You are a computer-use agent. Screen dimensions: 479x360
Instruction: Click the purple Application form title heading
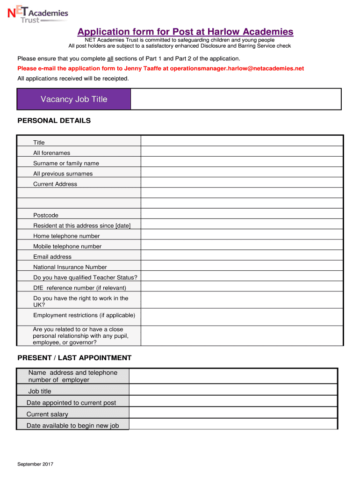tap(185, 32)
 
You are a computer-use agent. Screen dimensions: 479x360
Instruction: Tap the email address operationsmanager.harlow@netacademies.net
tap(237, 68)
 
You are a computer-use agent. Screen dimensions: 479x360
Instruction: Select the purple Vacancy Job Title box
tap(74, 99)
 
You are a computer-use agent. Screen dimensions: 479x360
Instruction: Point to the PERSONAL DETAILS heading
tap(54, 121)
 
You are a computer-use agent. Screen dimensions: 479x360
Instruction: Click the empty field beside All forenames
tap(242, 152)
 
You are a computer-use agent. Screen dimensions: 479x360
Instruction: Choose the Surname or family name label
tap(66, 163)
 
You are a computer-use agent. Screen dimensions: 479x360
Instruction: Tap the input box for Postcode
tap(242, 215)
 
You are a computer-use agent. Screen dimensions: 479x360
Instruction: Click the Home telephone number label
tap(66, 236)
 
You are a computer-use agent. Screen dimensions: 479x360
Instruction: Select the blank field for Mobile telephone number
tap(242, 246)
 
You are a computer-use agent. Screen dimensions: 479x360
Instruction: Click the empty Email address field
tap(242, 256)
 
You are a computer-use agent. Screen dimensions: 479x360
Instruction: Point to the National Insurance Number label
tap(70, 267)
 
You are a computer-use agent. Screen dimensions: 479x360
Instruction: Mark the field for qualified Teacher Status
tap(242, 277)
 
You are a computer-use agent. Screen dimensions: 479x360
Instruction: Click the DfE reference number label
tap(79, 288)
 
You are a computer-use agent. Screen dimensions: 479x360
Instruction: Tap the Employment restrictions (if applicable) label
tap(84, 315)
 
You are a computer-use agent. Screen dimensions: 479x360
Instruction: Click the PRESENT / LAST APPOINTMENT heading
tap(74, 358)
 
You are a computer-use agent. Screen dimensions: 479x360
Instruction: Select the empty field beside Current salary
tap(233, 413)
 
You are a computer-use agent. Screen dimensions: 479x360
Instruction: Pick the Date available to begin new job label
tap(72, 426)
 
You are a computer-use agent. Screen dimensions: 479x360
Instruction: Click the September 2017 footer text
tap(35, 464)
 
